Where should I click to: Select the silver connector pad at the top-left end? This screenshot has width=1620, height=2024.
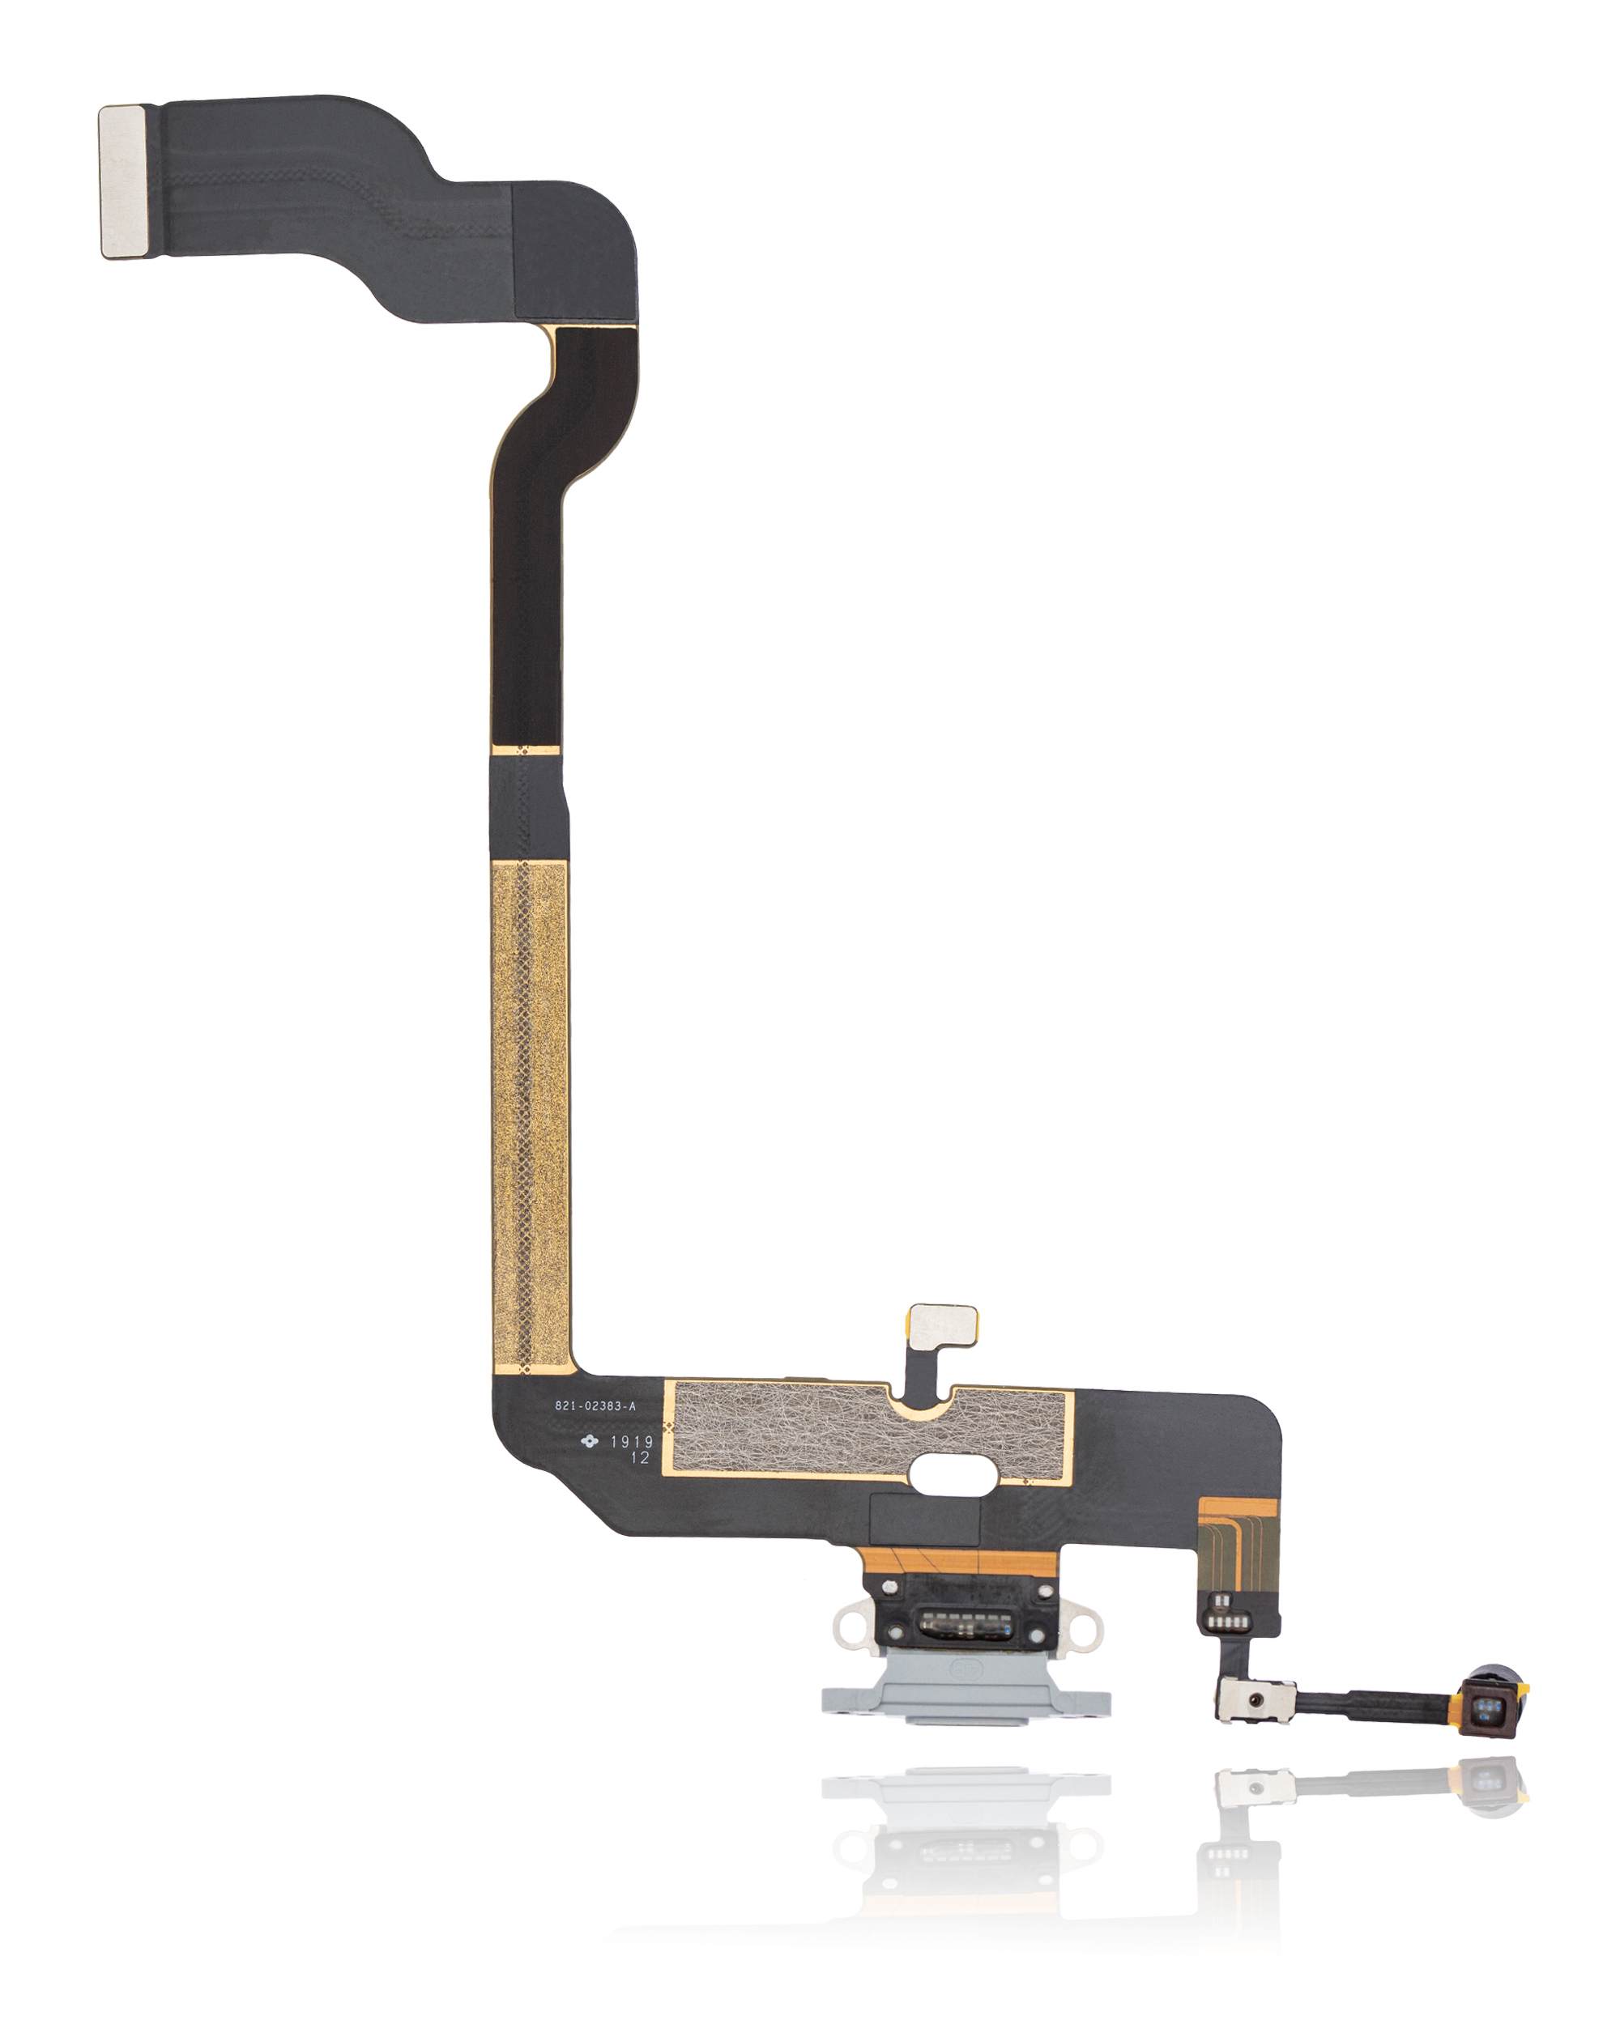pyautogui.click(x=123, y=181)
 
